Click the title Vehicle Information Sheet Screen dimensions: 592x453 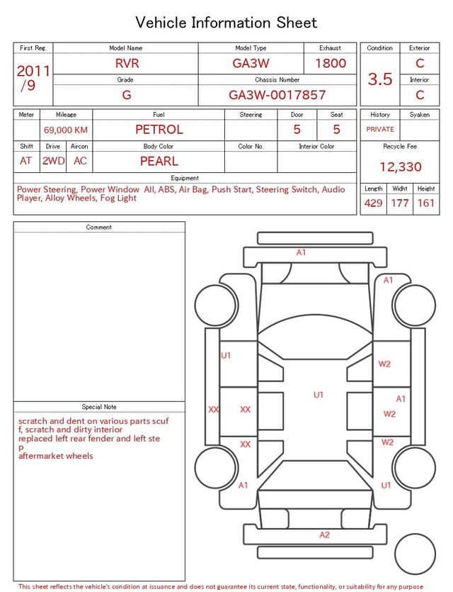tap(226, 23)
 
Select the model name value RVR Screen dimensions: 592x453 tap(127, 63)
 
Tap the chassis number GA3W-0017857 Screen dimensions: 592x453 tap(277, 95)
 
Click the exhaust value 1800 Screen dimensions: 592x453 tap(331, 63)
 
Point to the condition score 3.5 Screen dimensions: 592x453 tap(380, 79)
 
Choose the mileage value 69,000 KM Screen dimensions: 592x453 tap(66, 130)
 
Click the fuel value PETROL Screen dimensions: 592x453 tap(159, 130)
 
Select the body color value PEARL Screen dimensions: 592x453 tap(159, 161)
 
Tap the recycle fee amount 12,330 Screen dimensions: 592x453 tap(401, 167)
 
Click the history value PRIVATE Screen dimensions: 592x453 tap(380, 130)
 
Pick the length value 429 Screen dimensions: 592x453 tap(373, 203)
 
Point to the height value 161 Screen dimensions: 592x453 tap(426, 203)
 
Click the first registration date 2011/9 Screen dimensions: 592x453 tap(33, 78)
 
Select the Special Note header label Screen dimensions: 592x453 tap(99, 407)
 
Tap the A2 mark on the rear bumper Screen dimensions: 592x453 tap(324, 535)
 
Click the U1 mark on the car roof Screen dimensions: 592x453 tap(319, 395)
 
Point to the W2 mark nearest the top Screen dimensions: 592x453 tap(384, 364)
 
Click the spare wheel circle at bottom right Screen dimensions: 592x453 tap(415, 554)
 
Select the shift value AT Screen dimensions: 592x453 tap(26, 161)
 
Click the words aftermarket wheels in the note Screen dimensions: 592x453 tap(56, 456)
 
